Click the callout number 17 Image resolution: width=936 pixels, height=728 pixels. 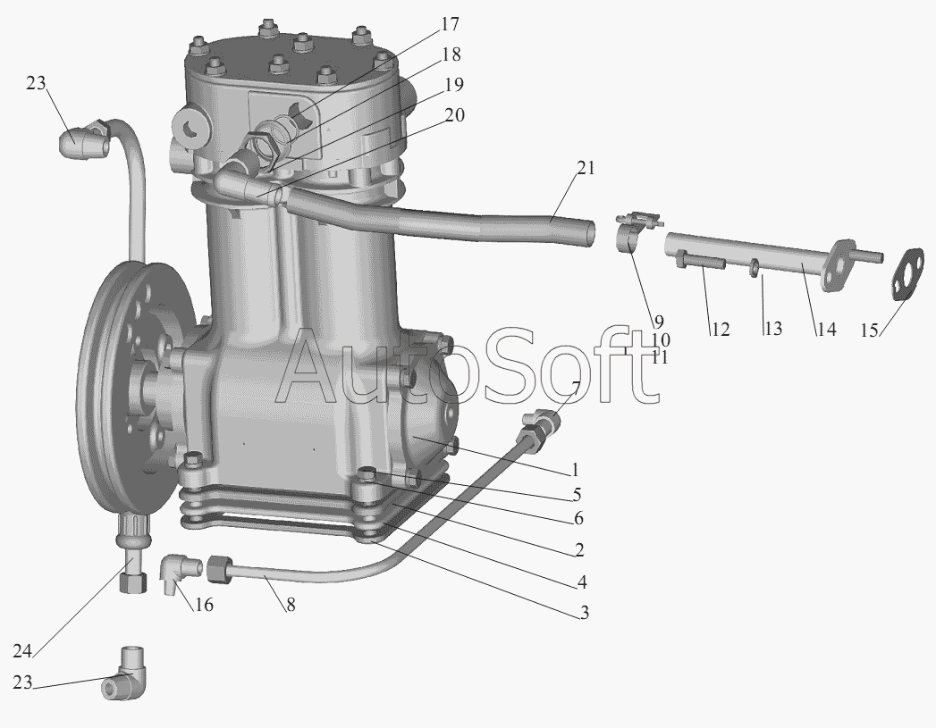(450, 24)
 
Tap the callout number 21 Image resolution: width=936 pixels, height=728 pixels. (586, 168)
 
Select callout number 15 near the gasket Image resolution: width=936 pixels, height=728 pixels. (870, 330)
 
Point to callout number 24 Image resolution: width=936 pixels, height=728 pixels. (22, 652)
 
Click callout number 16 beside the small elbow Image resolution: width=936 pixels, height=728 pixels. (204, 605)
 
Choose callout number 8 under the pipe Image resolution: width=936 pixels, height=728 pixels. (291, 605)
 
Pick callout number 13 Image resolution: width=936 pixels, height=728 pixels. (772, 329)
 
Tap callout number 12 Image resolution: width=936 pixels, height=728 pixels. (721, 329)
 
